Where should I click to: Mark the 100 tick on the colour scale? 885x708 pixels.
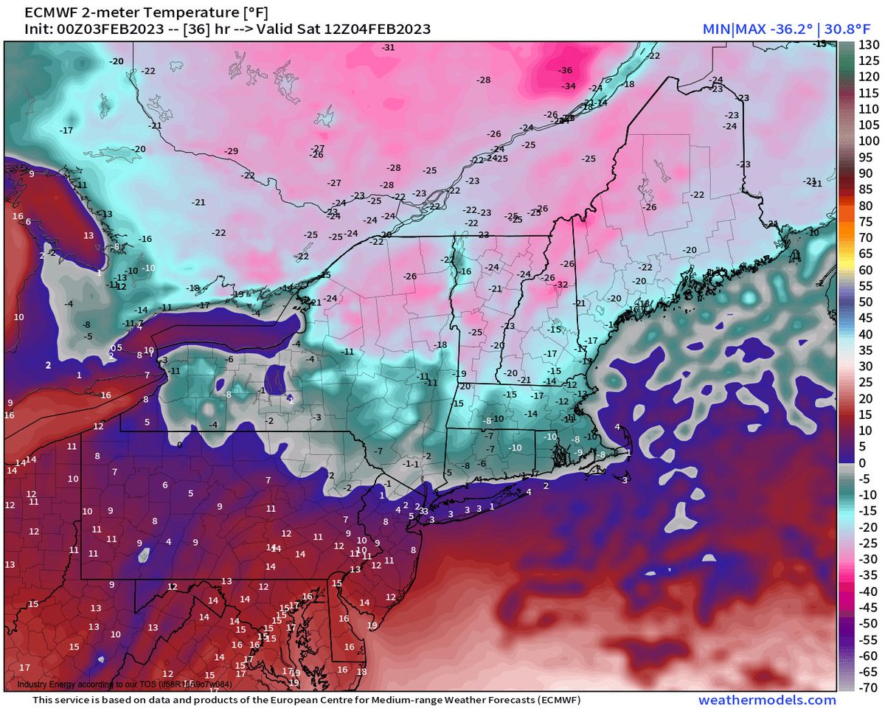tap(867, 140)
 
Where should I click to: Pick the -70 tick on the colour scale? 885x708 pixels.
tap(867, 687)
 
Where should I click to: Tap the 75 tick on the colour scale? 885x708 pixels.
tap(867, 221)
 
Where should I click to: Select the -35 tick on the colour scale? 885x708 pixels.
tap(867, 575)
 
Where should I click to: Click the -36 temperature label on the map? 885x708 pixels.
tap(566, 71)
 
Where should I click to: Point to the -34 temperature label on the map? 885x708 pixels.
tap(569, 86)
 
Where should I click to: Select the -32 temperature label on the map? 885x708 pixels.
tap(561, 285)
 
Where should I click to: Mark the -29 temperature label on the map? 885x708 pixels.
tap(232, 151)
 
